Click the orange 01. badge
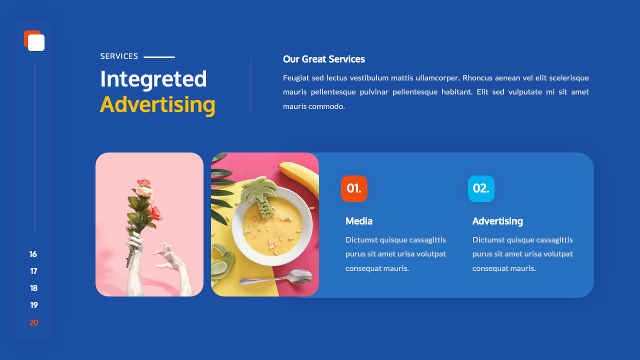click(x=354, y=188)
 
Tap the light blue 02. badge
click(x=481, y=188)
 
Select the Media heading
click(x=359, y=221)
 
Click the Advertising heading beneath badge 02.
click(x=497, y=221)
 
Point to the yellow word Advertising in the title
click(x=157, y=104)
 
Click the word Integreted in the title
click(x=153, y=79)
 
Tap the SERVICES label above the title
click(x=119, y=56)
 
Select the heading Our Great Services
click(x=324, y=59)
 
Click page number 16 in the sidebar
click(x=33, y=254)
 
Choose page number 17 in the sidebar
click(x=33, y=271)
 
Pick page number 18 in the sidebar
click(x=33, y=288)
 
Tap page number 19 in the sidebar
click(x=33, y=305)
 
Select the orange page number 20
click(x=33, y=322)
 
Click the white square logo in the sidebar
click(x=36, y=42)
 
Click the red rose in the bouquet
click(x=155, y=213)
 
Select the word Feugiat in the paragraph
click(x=295, y=77)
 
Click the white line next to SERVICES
click(x=159, y=57)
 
